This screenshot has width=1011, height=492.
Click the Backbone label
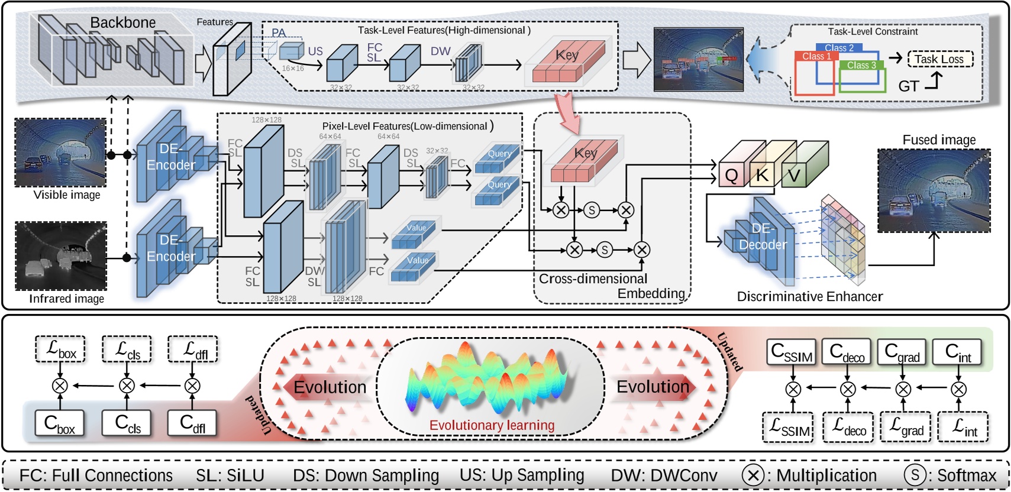pyautogui.click(x=122, y=22)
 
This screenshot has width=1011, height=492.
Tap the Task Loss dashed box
pyautogui.click(x=939, y=59)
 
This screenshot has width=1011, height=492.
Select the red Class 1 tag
pyautogui.click(x=816, y=56)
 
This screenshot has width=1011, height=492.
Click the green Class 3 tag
pyautogui.click(x=861, y=65)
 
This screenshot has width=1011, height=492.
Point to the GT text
pyautogui.click(x=909, y=86)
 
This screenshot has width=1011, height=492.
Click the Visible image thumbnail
pyautogui.click(x=60, y=153)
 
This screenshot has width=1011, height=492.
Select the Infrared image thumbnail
pyautogui.click(x=61, y=256)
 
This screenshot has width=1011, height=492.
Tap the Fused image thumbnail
pyautogui.click(x=934, y=190)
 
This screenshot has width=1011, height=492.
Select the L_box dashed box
pyautogui.click(x=60, y=349)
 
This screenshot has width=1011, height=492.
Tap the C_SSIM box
pyautogui.click(x=792, y=352)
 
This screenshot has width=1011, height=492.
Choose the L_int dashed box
pyautogui.click(x=964, y=427)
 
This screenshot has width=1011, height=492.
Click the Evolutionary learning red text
pyautogui.click(x=492, y=425)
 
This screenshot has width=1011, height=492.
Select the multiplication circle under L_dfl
pyautogui.click(x=192, y=386)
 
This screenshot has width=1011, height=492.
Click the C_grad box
pyautogui.click(x=902, y=352)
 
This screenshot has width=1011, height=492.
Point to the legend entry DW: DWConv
pyautogui.click(x=664, y=475)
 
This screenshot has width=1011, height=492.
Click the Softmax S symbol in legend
pyautogui.click(x=915, y=474)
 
